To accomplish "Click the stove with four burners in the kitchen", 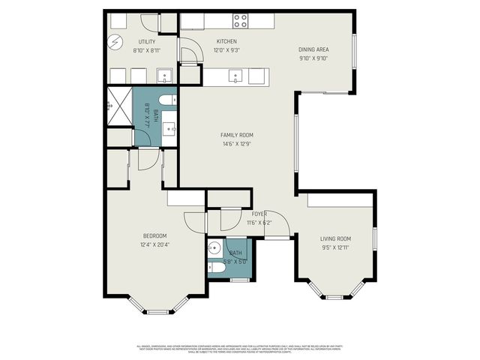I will pos(241,20).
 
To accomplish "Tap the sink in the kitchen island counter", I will pos(236,75).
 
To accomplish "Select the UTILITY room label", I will pos(146,41).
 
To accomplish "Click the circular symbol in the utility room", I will pos(116,42).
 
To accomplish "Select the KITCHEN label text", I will pos(226,41).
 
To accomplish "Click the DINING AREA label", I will pos(313,50).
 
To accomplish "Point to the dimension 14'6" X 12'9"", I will pos(237,144).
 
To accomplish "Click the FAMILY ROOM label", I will pos(237,135).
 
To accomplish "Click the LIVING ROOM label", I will pos(335,238).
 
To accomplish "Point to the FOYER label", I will pos(259,214).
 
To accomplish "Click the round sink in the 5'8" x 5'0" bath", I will pos(213,247).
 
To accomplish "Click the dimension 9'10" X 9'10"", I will pos(313,59).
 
